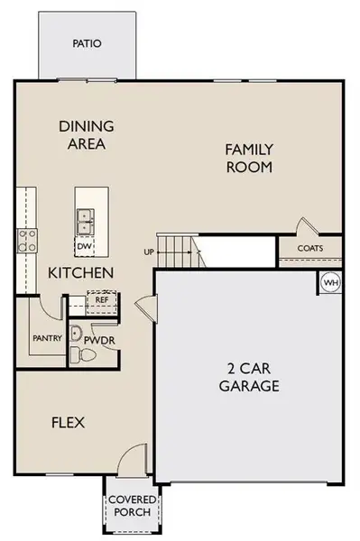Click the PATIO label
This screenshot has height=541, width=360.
pyautogui.click(x=88, y=42)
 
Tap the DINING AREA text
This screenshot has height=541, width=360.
pyautogui.click(x=83, y=134)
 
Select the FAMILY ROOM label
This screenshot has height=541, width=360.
pyautogui.click(x=249, y=158)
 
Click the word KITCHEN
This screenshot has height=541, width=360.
pyautogui.click(x=80, y=271)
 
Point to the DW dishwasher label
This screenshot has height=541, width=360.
pyautogui.click(x=84, y=245)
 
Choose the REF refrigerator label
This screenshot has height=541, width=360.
pyautogui.click(x=101, y=300)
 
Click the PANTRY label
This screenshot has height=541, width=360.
pyautogui.click(x=46, y=339)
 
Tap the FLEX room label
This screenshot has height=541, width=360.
pyautogui.click(x=68, y=421)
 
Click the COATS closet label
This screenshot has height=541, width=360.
pyautogui.click(x=311, y=247)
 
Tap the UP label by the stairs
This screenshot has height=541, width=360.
pyautogui.click(x=149, y=252)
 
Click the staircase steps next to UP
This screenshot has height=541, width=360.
pyautogui.click(x=178, y=250)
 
